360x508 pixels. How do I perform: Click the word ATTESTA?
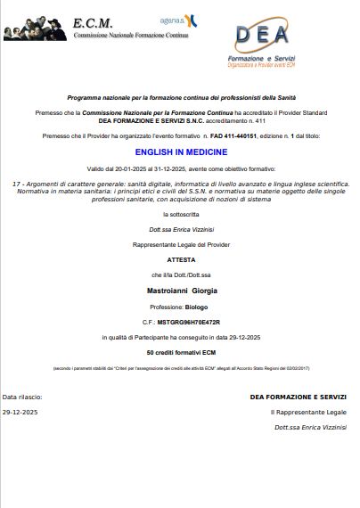[181, 260]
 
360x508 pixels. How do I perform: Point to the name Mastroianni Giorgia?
[181, 291]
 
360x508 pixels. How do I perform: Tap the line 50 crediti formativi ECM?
[181, 354]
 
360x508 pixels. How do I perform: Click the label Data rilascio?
[22, 396]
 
